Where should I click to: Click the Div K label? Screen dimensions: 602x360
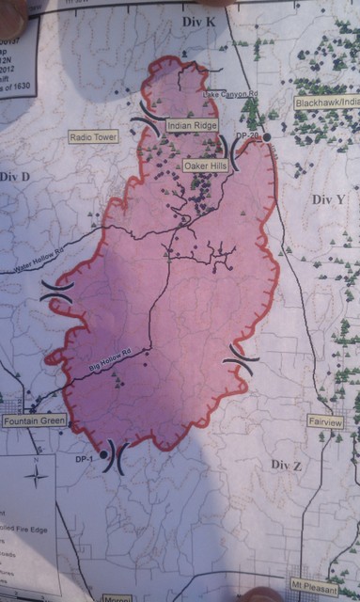196,20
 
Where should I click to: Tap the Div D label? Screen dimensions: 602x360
15,176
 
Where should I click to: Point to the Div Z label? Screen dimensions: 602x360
285,465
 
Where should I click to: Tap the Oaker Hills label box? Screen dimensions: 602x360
206,166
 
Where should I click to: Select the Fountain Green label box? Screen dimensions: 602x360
34,421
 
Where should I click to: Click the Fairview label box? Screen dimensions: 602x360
326,422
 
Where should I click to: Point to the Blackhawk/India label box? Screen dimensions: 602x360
326,102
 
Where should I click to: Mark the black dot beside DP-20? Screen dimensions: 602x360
267,137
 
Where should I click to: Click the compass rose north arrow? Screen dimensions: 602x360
36,473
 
